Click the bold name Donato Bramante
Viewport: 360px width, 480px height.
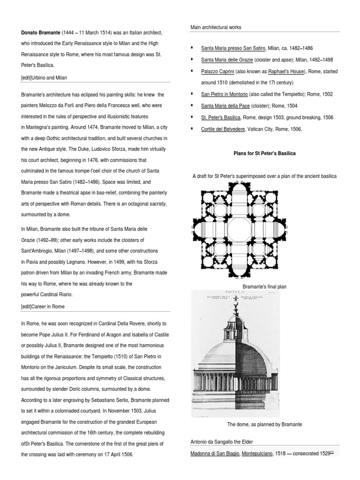(42, 32)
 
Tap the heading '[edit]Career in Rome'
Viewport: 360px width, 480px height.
(43, 306)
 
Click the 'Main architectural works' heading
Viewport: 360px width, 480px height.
(216, 27)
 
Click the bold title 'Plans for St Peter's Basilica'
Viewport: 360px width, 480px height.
(264, 153)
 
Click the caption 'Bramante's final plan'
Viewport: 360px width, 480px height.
(264, 286)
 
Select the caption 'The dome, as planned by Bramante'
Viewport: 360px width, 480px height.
(264, 424)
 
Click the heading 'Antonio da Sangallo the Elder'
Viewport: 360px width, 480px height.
(222, 442)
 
